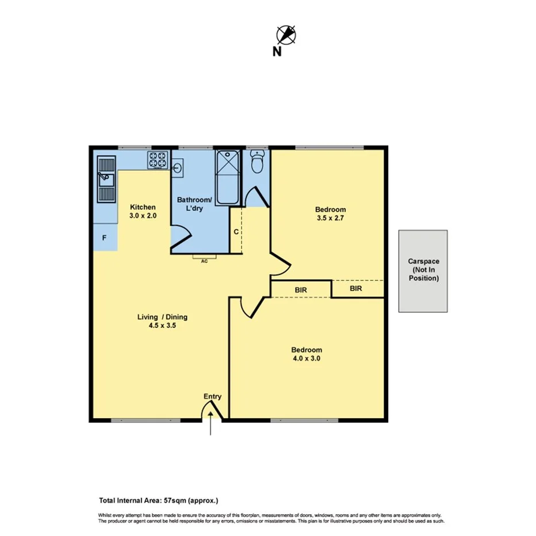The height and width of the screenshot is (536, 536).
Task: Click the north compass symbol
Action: pos(286,35)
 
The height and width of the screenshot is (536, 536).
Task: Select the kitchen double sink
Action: pos(106,180)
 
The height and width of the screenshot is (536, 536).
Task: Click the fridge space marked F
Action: pos(105,237)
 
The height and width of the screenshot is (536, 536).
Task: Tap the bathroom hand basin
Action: pos(178,167)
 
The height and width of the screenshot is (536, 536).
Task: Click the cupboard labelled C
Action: pos(236,232)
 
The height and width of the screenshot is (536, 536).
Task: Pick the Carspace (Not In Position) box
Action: pos(423,271)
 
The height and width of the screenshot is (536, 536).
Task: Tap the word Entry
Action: pos(212,396)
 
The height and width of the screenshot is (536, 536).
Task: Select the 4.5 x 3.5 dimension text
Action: pos(162,326)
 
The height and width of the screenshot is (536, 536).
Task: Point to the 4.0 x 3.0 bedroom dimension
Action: pos(306,358)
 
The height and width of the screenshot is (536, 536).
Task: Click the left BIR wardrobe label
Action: pos(300,290)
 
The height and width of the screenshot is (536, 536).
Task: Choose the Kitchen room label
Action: pos(143,207)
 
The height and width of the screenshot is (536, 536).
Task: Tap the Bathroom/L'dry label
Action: pos(194,204)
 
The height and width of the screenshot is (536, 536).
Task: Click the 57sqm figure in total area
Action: pos(171,500)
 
